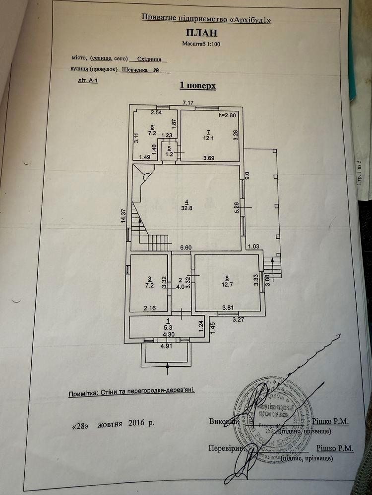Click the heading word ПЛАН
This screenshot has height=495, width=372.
[202, 33]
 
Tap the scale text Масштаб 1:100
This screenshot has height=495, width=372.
[202, 44]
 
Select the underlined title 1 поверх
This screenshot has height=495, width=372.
[197, 86]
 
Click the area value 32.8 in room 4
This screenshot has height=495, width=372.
[186, 208]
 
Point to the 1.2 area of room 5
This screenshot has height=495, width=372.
[169, 154]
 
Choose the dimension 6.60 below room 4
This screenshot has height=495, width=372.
[186, 247]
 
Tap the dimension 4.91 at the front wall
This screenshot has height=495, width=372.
[166, 346]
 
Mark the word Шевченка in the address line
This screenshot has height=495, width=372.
[135, 70]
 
